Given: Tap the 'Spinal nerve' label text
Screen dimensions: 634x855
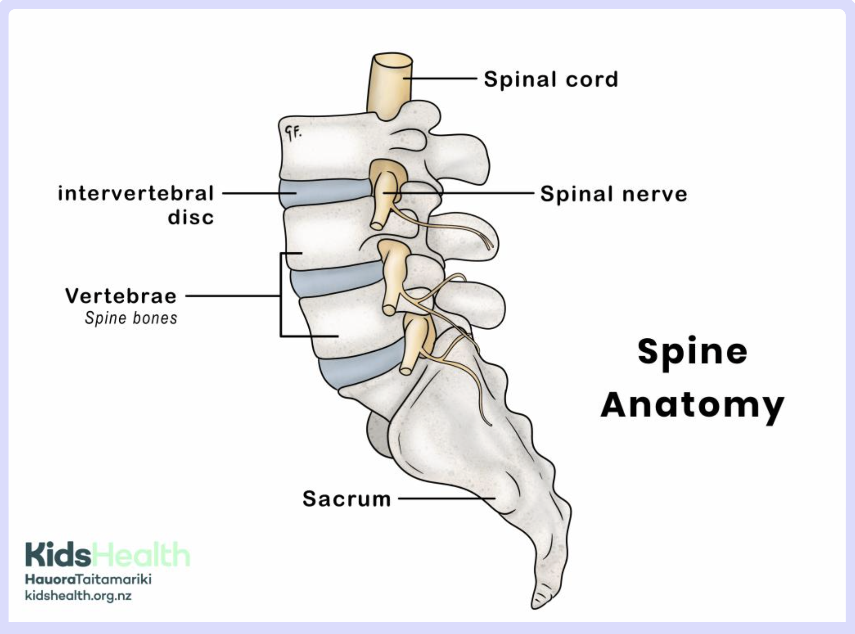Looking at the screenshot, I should pos(613,194).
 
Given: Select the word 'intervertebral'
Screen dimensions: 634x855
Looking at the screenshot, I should pos(136,193).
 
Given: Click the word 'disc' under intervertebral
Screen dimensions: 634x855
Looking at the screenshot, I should pos(191,217).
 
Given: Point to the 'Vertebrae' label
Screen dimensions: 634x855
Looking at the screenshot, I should pos(121,296).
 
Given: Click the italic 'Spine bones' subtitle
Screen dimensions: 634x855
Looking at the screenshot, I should pos(131,318).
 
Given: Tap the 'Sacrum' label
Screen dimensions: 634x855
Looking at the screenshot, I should pos(347,499).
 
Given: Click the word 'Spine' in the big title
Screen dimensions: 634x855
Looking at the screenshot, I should pos(692,352).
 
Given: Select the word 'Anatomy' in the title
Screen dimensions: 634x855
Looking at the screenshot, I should pos(692,406).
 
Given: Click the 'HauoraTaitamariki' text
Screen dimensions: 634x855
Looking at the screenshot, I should pos(88,579).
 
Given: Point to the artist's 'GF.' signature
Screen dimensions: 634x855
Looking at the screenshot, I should pos(293,132).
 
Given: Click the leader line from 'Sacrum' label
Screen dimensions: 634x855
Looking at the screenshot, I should pos(445,498).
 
